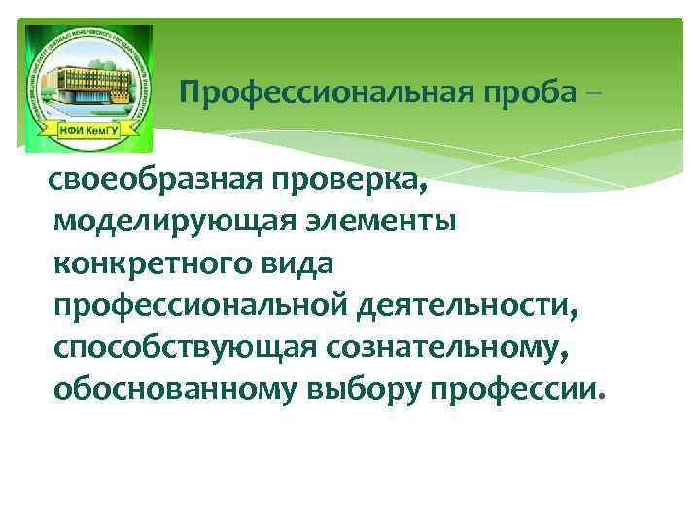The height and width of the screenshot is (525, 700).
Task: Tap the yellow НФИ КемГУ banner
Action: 87,133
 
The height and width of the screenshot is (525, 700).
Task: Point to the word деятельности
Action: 468,306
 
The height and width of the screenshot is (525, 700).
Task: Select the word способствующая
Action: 177,348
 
